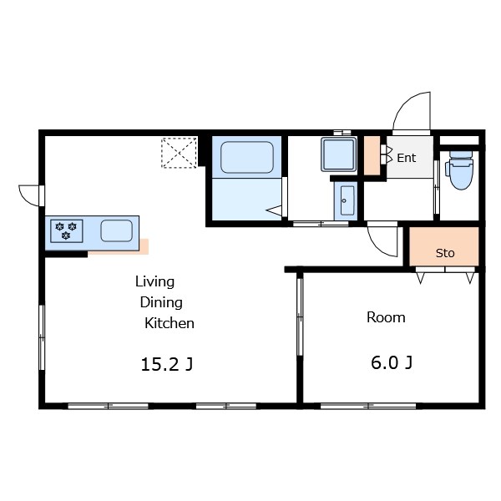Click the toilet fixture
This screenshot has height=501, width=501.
pos(461,170)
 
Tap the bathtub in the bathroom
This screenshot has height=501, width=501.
pos(247,158)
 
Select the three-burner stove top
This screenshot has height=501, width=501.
pos(67,231)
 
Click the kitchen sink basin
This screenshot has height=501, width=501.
pos(117,230)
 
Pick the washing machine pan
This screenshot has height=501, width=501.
pos(339,154)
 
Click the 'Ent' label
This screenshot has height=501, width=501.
pos(407,158)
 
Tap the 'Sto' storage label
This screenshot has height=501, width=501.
pos(445,253)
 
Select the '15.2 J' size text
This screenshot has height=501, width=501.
pos(166,364)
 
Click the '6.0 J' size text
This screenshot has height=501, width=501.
pos(392,362)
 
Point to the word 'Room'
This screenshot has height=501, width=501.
pos(386,317)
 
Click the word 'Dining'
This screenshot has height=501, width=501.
pos(161,302)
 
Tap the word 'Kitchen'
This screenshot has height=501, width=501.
pos(170,323)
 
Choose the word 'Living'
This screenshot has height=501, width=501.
pos(155,282)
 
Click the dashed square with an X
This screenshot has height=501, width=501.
pos(179,153)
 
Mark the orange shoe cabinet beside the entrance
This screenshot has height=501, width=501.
pos(372,155)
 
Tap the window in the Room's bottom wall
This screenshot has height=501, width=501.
pos(368,406)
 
